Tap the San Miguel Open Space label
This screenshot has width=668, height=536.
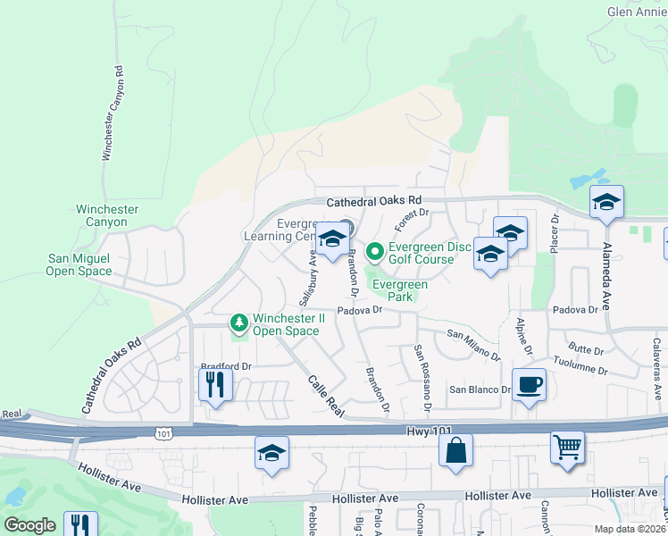(79, 264)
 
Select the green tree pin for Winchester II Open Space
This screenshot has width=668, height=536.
(238, 320)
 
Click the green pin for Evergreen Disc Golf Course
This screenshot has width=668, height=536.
(375, 251)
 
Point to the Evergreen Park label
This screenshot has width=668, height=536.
(400, 291)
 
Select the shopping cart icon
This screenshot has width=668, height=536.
(568, 445)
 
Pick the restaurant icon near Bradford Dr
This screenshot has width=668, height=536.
(215, 384)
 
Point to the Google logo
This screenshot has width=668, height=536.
(30, 524)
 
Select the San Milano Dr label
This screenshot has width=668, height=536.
(474, 345)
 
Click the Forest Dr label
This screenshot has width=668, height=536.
(413, 220)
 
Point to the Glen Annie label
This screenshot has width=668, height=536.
(637, 13)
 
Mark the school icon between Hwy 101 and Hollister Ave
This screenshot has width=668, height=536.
(271, 452)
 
